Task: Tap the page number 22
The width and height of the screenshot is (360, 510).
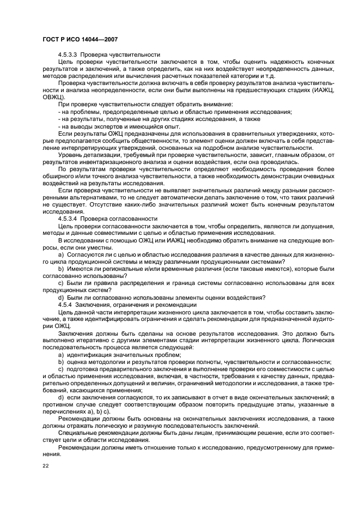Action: [46, 465]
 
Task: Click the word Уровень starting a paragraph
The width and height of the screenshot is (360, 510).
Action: [70, 154]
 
